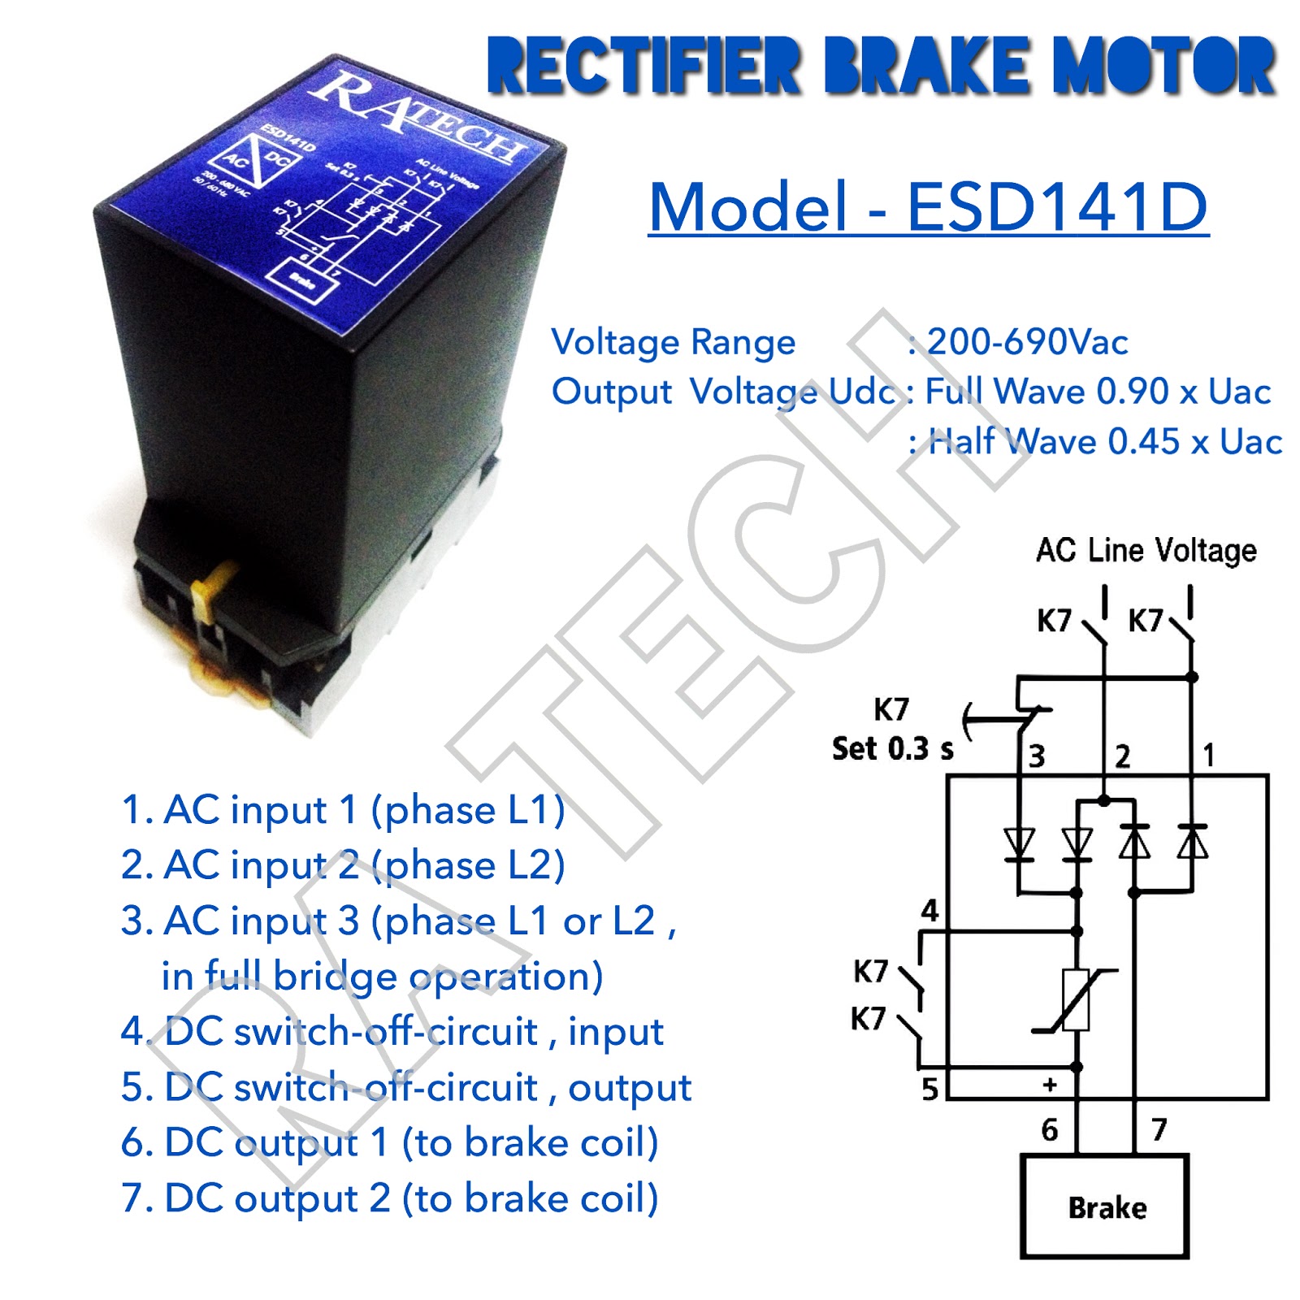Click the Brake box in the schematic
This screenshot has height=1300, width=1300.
tap(1105, 1206)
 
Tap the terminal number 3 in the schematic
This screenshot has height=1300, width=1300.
tap(1037, 756)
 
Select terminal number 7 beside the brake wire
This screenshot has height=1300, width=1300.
tap(1159, 1129)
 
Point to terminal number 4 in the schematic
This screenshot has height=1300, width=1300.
tap(929, 910)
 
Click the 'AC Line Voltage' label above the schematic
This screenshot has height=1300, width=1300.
tap(1146, 551)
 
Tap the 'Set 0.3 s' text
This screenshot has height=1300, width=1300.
tap(892, 748)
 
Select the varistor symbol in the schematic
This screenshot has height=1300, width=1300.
tap(1076, 1000)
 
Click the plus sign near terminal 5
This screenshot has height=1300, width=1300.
tap(1051, 1085)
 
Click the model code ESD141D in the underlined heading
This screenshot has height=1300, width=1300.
tap(1056, 206)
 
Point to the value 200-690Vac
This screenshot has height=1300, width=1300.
tap(1027, 342)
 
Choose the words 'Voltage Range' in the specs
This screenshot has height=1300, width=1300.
tap(674, 342)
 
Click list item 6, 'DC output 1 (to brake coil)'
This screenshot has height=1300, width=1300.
tap(390, 1142)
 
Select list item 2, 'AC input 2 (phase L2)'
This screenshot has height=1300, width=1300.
tap(343, 864)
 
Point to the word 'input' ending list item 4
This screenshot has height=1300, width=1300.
tap(615, 1032)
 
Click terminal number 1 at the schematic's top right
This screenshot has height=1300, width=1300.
tap(1208, 755)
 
